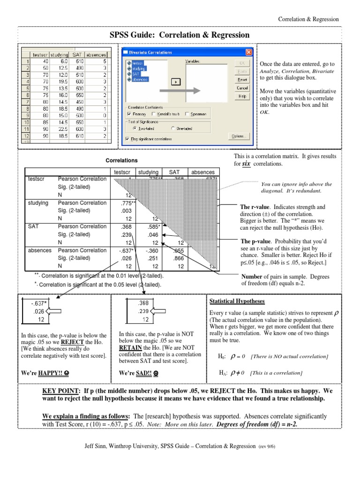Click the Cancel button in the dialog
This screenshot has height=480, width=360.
tap(242, 88)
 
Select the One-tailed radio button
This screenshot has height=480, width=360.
tap(173, 127)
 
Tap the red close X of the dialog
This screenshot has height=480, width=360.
tap(248, 52)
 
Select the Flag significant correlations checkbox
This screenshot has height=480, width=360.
tap(128, 138)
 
